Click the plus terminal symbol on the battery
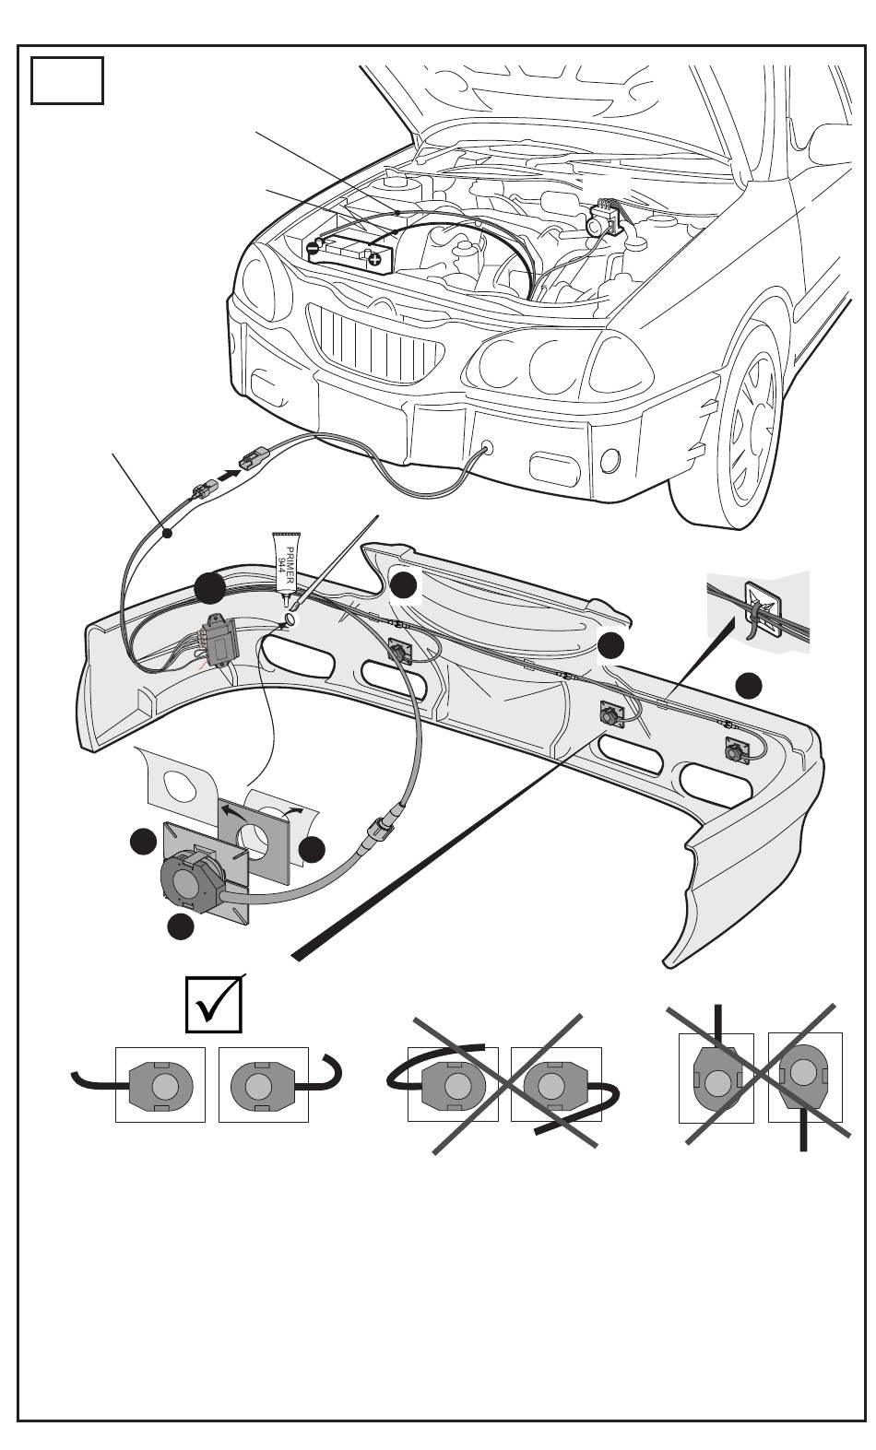[375, 260]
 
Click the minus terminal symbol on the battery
[313, 247]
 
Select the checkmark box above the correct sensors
[214, 1005]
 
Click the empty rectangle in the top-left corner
[67, 80]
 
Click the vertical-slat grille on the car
[375, 344]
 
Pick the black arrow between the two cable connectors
[226, 475]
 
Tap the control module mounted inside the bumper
[219, 638]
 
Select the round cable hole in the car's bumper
[486, 447]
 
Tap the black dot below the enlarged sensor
[180, 926]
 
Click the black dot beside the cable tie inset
[749, 686]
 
